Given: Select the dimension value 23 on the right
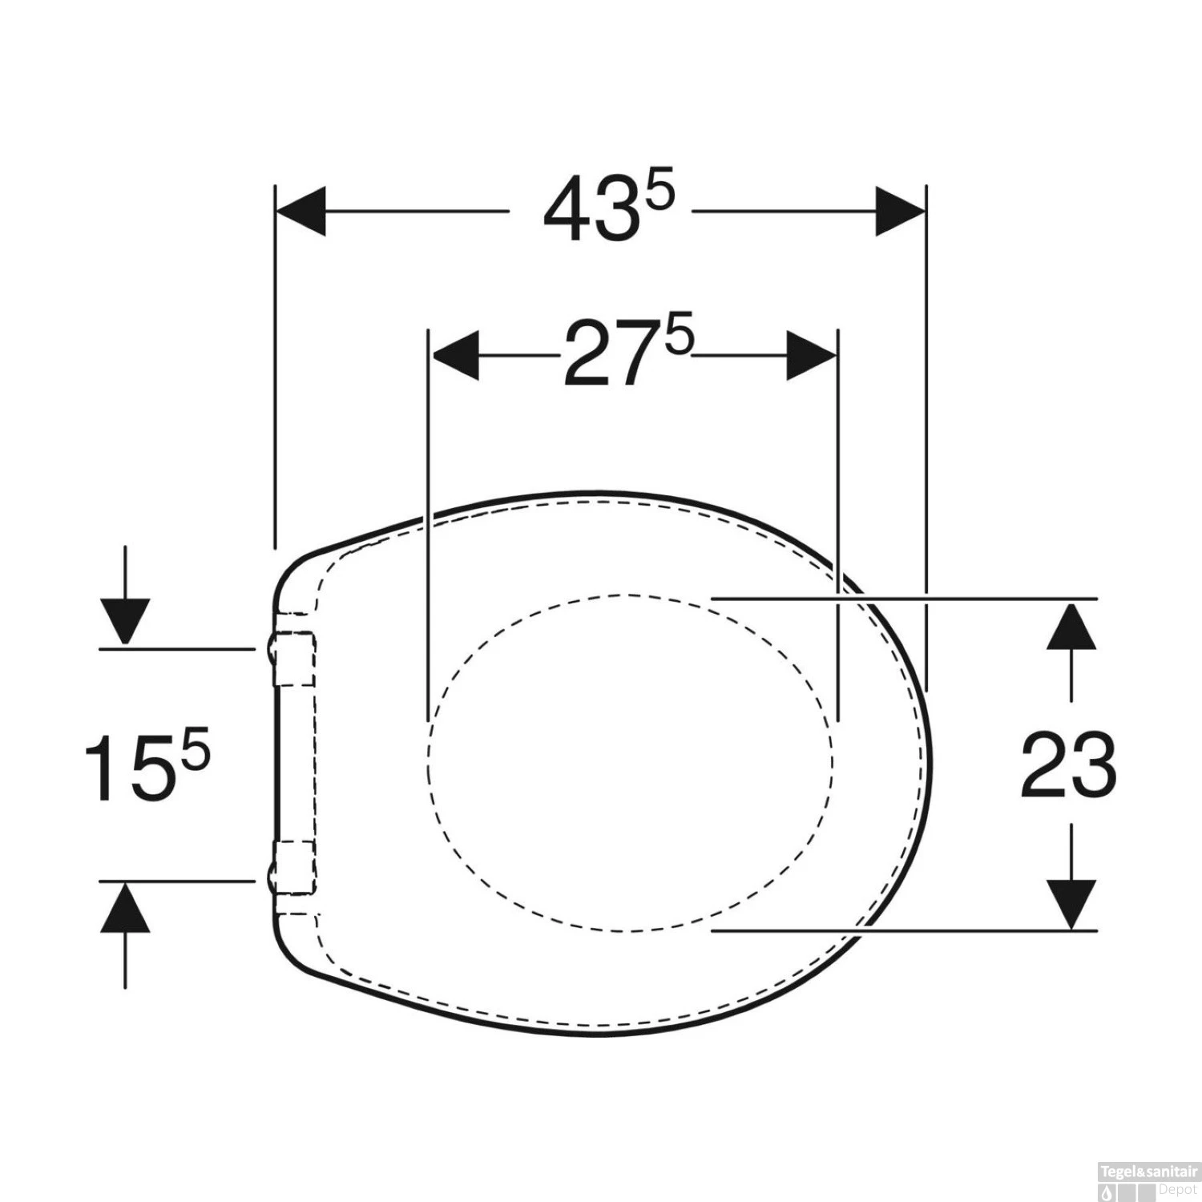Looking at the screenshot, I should click(1068, 765).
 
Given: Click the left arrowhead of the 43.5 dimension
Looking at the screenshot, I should click(301, 212).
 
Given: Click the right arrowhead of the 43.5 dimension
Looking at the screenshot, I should click(899, 212).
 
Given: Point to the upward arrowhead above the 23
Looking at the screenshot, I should click(1071, 626).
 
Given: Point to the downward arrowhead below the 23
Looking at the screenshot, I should click(1071, 904).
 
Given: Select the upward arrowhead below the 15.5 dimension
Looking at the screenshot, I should click(125, 908).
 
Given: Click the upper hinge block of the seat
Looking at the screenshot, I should click(294, 658).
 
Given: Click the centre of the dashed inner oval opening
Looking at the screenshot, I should click(630, 762).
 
